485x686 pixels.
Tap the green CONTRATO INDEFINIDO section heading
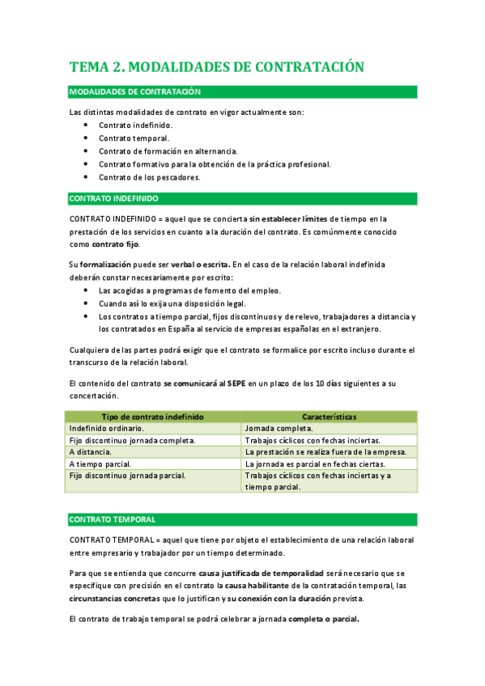[x=113, y=198]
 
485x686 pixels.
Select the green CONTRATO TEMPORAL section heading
[x=113, y=519]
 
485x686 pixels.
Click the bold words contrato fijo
[x=116, y=244]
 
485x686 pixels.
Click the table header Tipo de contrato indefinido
[x=152, y=416]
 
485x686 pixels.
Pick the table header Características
[x=329, y=416]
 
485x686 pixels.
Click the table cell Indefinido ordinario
[x=107, y=428]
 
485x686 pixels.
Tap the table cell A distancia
[x=90, y=451]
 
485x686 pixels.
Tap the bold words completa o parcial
[x=323, y=619]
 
